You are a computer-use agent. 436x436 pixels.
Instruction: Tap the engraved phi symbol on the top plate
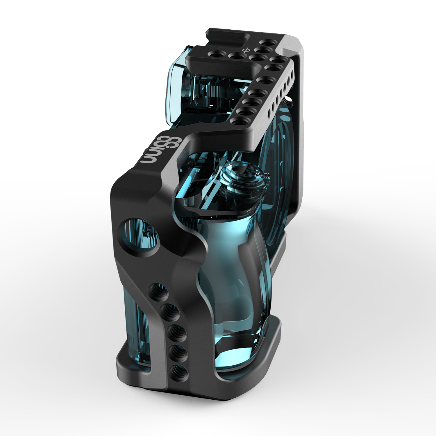pos(246,51)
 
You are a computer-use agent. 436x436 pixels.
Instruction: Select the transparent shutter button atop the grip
pos(244,180)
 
